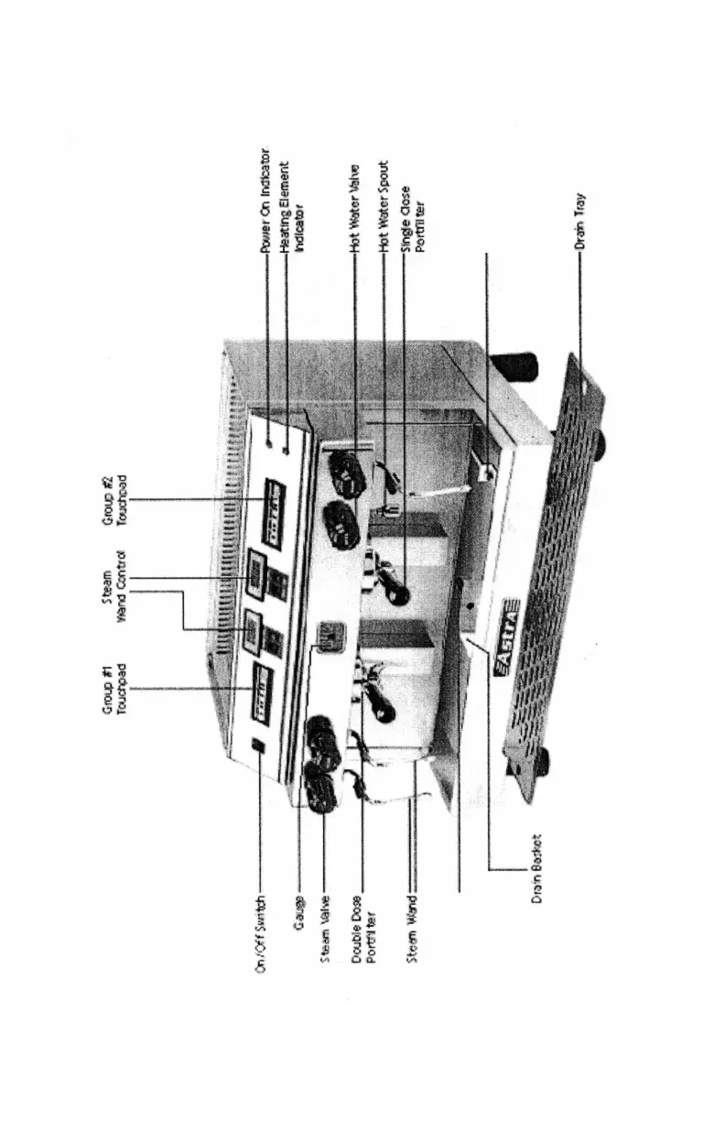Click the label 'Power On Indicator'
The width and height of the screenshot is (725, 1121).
[x=265, y=200]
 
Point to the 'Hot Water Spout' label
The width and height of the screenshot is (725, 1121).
[x=384, y=205]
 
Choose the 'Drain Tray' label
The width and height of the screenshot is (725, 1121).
[x=580, y=221]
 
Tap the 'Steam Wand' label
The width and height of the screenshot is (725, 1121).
[x=415, y=923]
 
